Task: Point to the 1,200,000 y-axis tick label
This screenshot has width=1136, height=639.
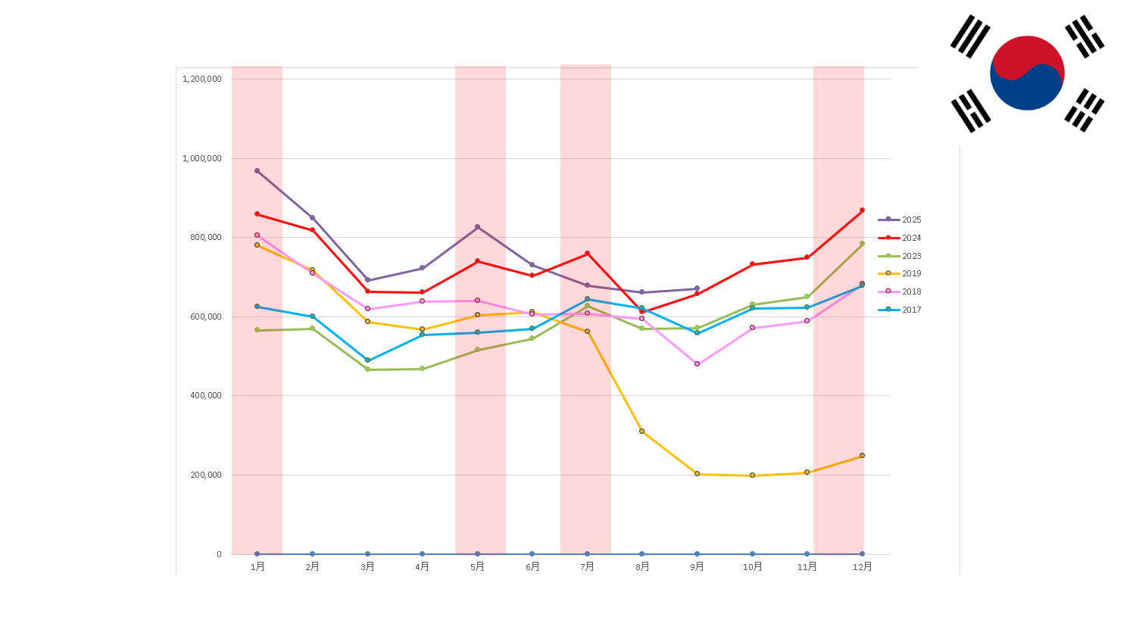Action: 202,79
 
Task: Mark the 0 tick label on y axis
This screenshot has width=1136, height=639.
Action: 219,554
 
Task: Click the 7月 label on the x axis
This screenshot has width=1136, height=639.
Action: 587,566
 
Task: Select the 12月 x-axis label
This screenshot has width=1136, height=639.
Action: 862,566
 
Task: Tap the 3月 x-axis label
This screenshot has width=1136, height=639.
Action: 367,566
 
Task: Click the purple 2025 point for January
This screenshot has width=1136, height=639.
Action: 257,171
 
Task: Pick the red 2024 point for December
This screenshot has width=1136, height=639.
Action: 862,210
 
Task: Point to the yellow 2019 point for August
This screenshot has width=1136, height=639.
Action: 641,432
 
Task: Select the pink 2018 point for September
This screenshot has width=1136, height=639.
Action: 697,364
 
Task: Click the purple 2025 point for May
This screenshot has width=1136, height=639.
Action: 477,227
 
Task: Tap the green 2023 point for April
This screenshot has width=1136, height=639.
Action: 422,369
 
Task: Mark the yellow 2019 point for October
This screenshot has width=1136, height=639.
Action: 752,475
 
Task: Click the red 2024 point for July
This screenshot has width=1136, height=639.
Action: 587,254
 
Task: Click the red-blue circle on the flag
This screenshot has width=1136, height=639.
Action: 1027,73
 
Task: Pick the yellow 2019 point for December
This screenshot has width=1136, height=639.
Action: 862,456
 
